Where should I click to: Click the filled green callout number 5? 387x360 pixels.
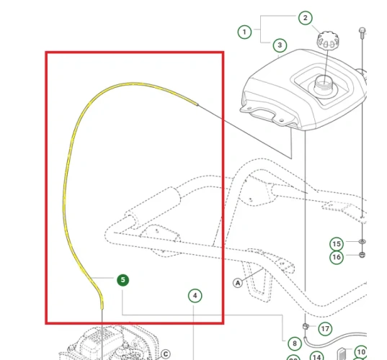coord(123,280)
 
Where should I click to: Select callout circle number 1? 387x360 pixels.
coord(245,32)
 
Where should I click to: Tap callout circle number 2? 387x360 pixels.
coord(305,18)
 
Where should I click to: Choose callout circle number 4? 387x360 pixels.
coord(195,295)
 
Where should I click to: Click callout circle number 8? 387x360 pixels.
coord(294,343)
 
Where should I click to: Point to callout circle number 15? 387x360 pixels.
coord(336,243)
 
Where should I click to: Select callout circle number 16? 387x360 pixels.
coord(336,257)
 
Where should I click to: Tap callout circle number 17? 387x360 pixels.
coord(325,329)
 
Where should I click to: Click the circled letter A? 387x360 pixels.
coord(236,283)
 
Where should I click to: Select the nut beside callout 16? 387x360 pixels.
coord(362,256)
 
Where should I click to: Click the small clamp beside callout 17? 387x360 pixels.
coord(306,328)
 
